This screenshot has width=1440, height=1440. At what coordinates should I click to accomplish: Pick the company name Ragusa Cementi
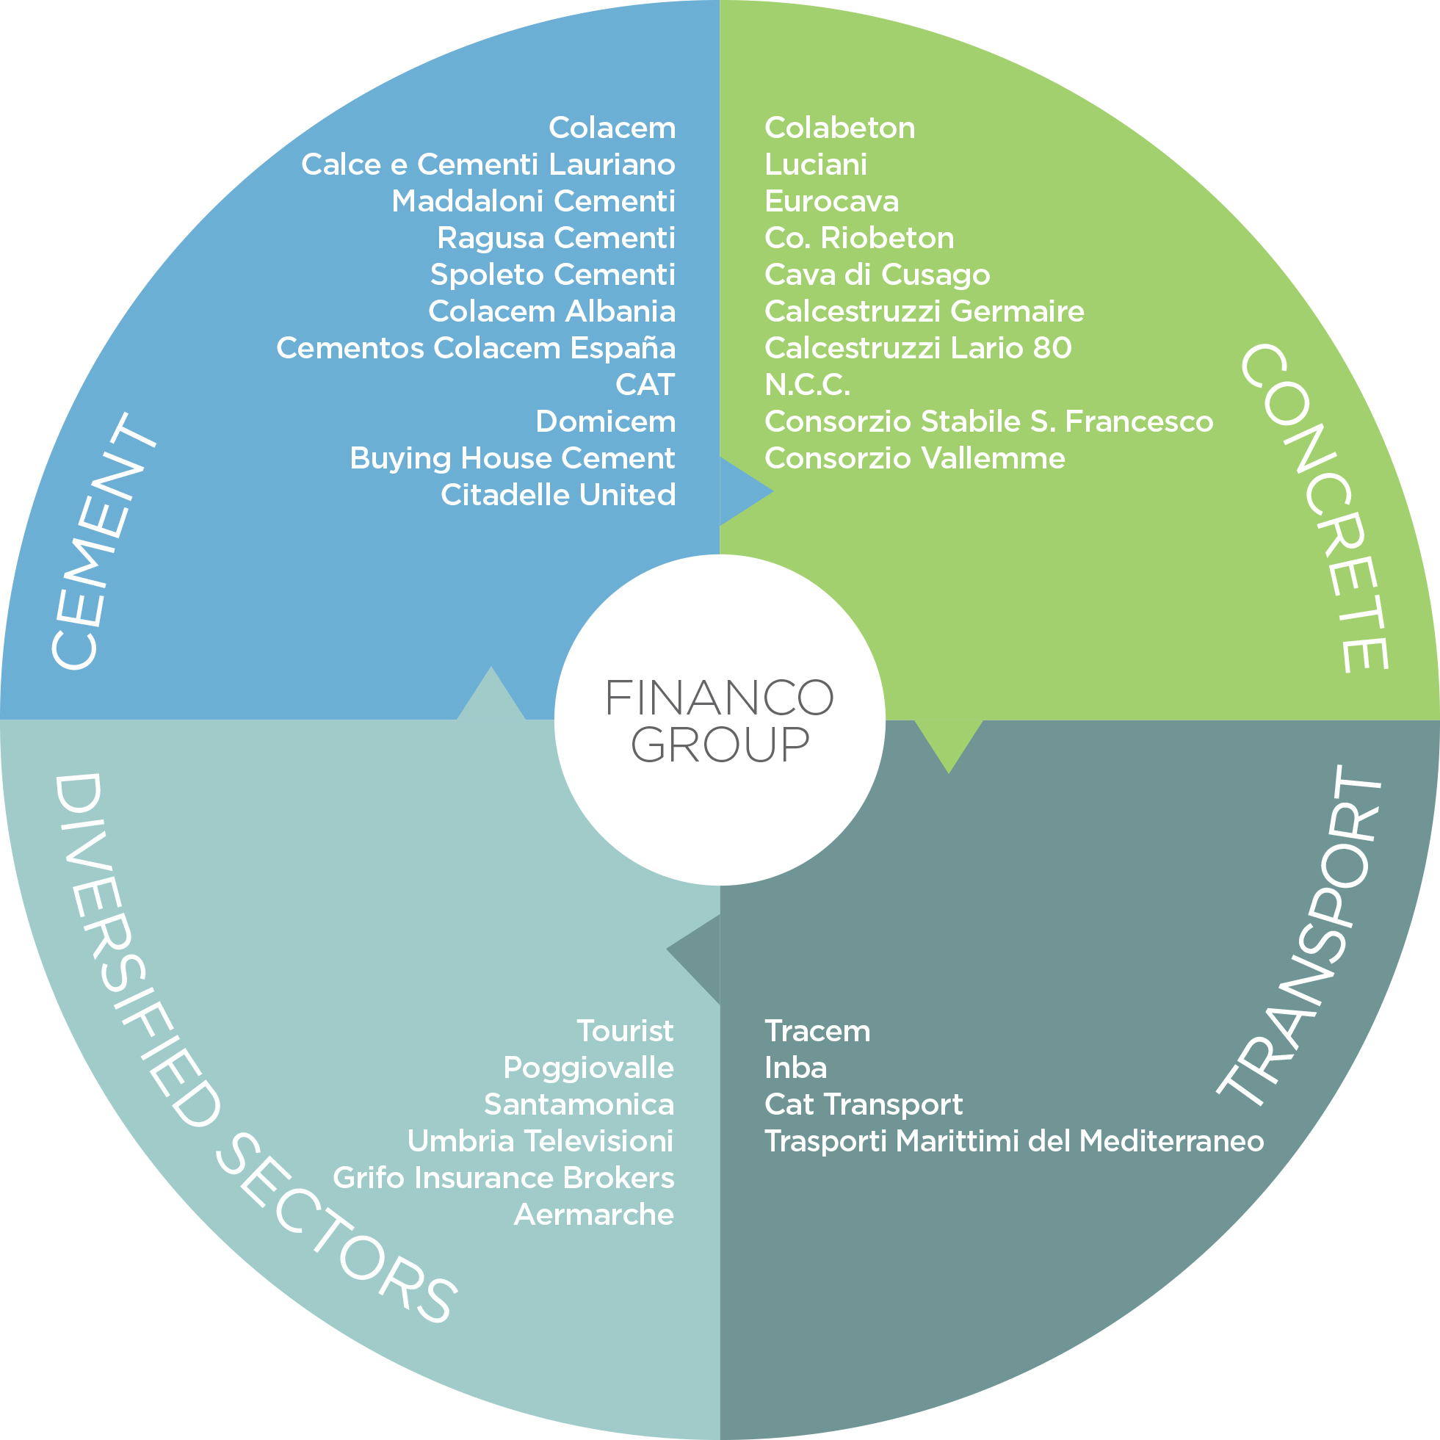coord(556,238)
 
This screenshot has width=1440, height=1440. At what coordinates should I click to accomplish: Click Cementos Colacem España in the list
coord(476,347)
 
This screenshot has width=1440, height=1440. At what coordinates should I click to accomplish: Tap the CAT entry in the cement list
coord(645,385)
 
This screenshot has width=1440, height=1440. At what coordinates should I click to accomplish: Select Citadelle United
coord(557,495)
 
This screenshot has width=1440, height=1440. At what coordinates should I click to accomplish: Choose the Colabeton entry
coord(840,128)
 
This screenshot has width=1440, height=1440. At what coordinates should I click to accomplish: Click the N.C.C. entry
coord(807,385)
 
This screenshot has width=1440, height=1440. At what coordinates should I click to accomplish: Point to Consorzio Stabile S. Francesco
coord(989,421)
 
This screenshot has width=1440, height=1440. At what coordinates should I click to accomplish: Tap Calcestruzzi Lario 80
coord(918,348)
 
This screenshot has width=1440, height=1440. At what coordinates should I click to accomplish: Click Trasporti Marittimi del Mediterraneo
coord(1014,1141)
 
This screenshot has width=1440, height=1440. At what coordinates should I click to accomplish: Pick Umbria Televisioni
coord(540,1141)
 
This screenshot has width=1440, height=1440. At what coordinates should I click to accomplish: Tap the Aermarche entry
coord(594,1215)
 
